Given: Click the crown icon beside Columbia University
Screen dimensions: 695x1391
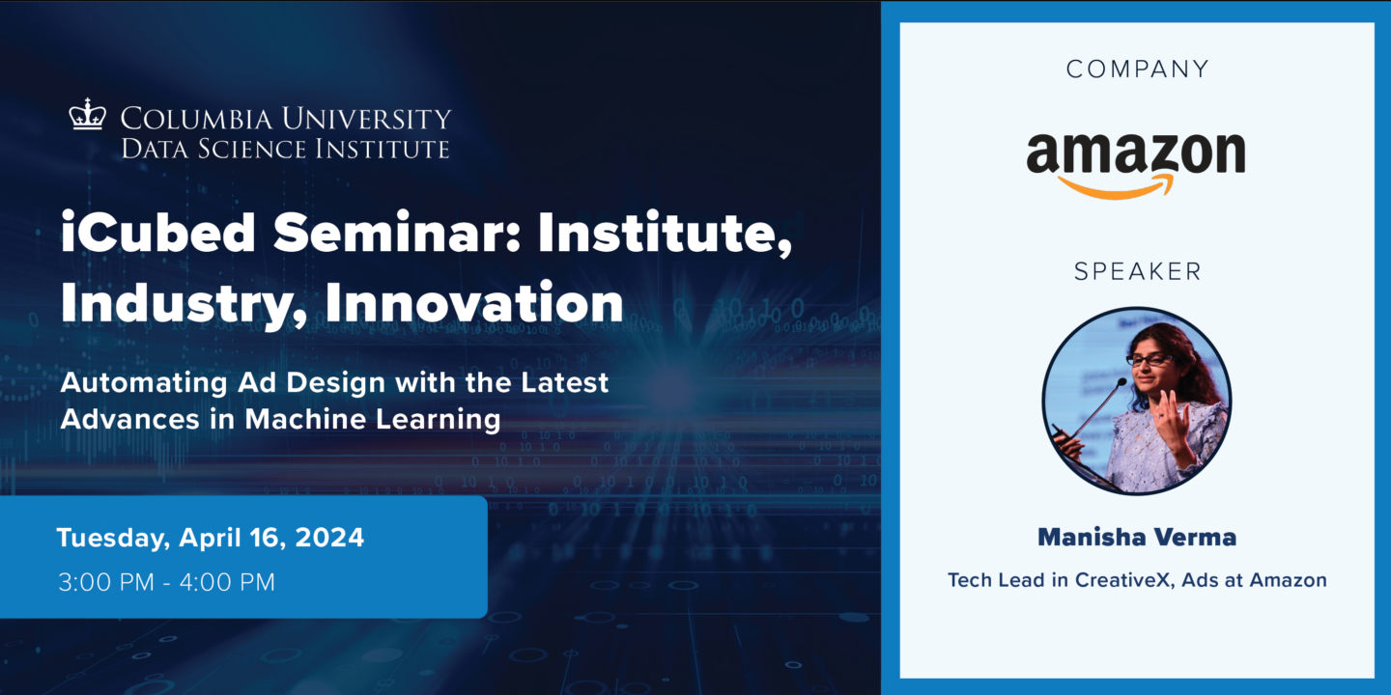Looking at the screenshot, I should (x=87, y=115).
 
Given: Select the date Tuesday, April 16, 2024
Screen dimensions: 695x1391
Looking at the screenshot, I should (x=211, y=538).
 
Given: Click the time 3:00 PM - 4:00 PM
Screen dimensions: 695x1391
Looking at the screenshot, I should (x=166, y=582).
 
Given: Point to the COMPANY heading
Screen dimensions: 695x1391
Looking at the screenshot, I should (x=1137, y=69).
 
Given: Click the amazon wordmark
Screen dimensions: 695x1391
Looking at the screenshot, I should (x=1135, y=154).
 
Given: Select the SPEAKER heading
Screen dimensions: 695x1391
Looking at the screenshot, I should (x=1137, y=272).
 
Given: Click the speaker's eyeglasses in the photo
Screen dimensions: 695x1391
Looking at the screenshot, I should (x=1149, y=359).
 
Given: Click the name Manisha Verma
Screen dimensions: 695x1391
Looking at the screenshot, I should (x=1137, y=538).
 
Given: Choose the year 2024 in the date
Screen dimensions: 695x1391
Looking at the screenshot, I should (x=330, y=538).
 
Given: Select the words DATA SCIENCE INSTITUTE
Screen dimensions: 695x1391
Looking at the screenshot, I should (x=285, y=149).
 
